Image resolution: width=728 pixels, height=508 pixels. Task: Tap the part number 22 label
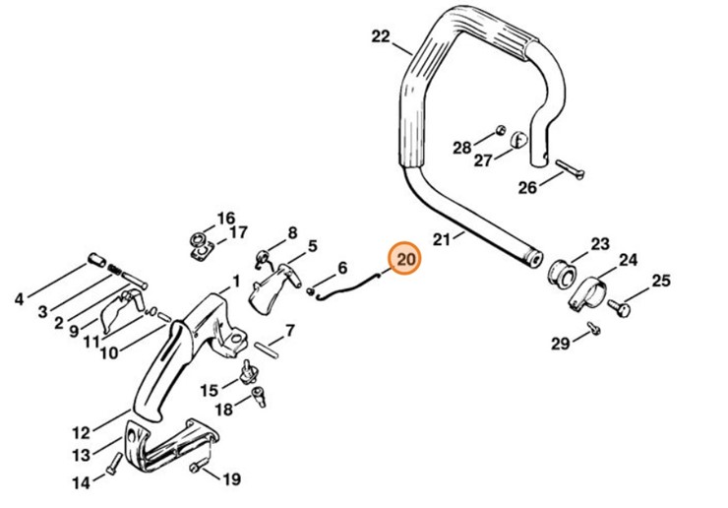tap(381, 37)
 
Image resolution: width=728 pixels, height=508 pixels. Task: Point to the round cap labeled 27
tap(517, 142)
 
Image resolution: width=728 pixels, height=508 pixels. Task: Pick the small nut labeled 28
tap(500, 129)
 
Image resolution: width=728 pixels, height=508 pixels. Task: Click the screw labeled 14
tap(116, 463)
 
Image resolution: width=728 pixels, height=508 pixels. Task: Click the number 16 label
tap(226, 218)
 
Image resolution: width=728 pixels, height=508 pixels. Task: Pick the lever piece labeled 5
tap(276, 286)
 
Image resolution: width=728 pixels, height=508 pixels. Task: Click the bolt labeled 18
tap(260, 396)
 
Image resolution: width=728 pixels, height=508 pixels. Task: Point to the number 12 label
tap(82, 432)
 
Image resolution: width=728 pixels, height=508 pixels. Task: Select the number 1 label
tap(236, 281)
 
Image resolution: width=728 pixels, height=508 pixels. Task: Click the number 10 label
tap(108, 352)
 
